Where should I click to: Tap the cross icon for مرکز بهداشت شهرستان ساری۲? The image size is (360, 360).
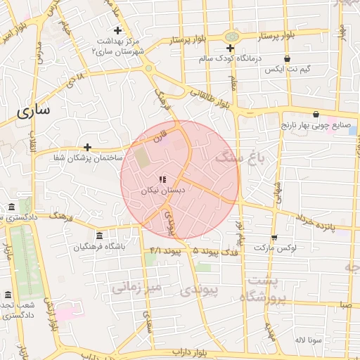118,30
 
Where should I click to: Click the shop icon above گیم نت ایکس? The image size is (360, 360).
286,59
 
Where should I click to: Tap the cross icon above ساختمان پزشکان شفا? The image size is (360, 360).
87,147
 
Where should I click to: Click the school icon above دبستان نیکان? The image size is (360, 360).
163,180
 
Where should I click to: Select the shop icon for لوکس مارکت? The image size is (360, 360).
274,238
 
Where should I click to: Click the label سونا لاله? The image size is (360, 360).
309,340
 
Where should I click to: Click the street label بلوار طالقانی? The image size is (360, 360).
214,97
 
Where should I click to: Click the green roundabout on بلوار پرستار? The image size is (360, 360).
231,37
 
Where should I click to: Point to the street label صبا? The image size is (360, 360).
345,305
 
